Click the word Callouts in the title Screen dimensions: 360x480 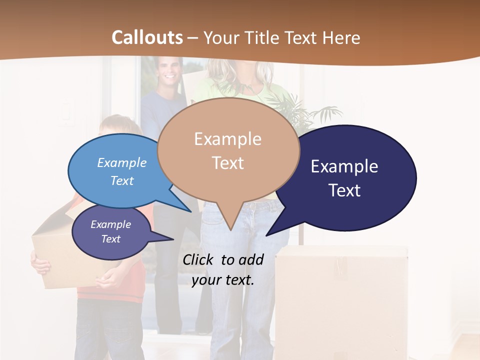[x=147, y=37]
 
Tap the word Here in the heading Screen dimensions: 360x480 [x=341, y=37]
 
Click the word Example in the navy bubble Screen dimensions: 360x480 [x=344, y=166]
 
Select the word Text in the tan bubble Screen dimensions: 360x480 [x=228, y=163]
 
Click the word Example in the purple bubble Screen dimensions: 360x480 [x=110, y=224]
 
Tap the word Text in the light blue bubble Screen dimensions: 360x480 [x=122, y=180]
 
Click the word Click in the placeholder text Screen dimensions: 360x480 [x=199, y=259]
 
